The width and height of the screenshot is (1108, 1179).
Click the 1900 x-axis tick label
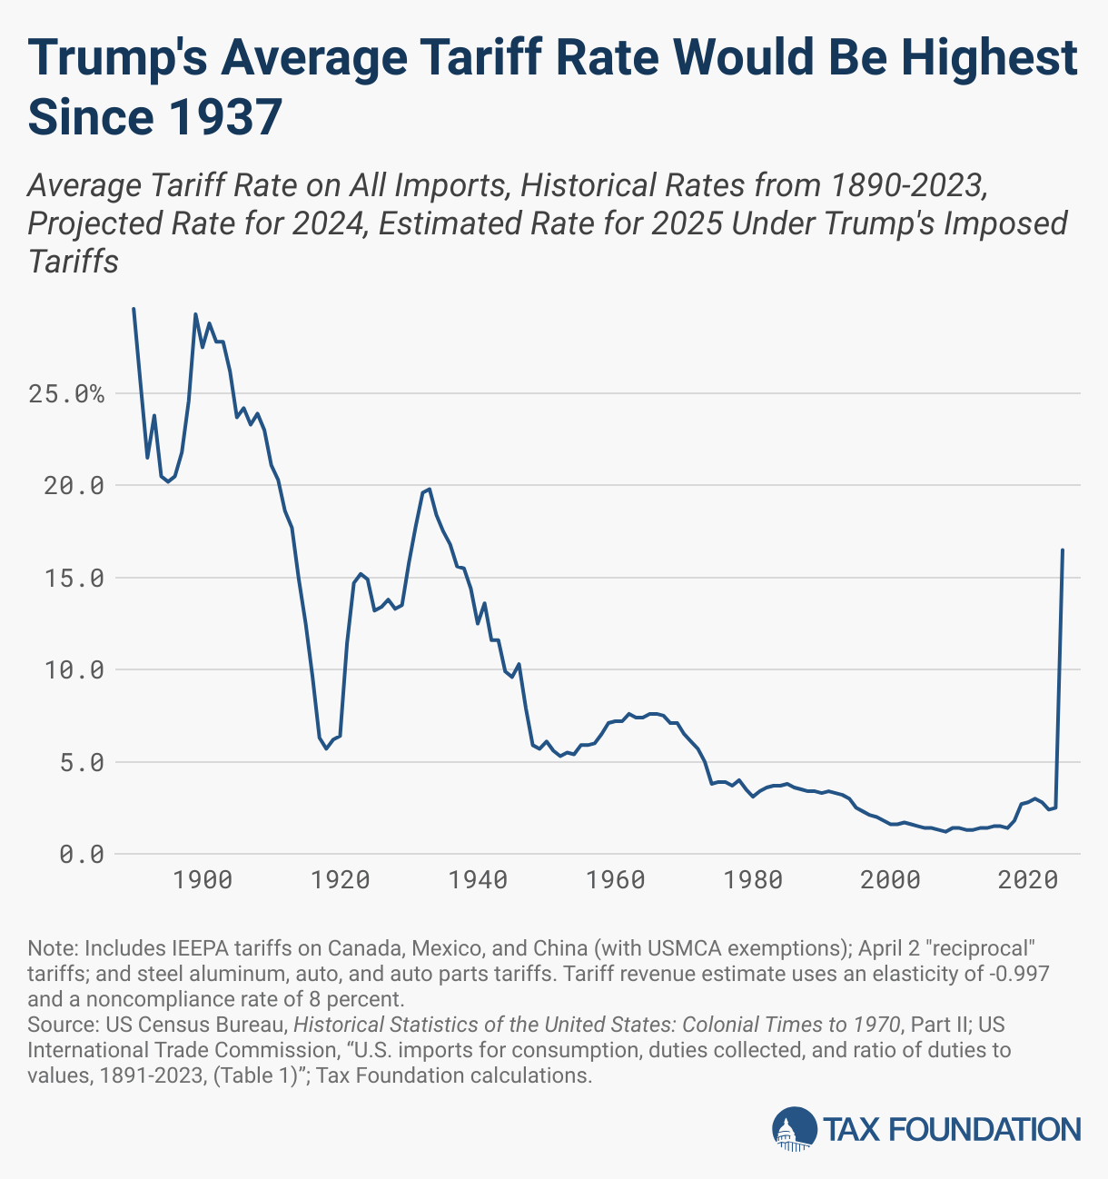203,880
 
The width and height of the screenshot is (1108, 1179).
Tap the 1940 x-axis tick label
479,880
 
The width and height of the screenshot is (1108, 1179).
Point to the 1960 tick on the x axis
616,880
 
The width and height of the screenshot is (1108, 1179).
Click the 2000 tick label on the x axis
892,880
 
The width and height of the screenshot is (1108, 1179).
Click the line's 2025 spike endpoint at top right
1063,550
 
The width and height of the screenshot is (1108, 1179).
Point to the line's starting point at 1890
134,309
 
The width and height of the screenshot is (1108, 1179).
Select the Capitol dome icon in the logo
794,1129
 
